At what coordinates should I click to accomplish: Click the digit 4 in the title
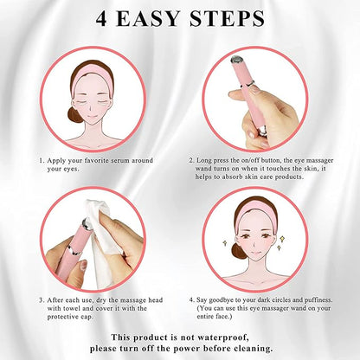click(101, 19)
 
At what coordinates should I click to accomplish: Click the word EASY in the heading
click(148, 19)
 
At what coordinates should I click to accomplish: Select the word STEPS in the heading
click(227, 19)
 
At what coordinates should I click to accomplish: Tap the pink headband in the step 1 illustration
click(92, 75)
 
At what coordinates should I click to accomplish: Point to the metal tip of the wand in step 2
click(237, 59)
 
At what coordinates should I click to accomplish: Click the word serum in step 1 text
click(119, 161)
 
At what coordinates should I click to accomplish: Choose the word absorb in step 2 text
click(232, 177)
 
